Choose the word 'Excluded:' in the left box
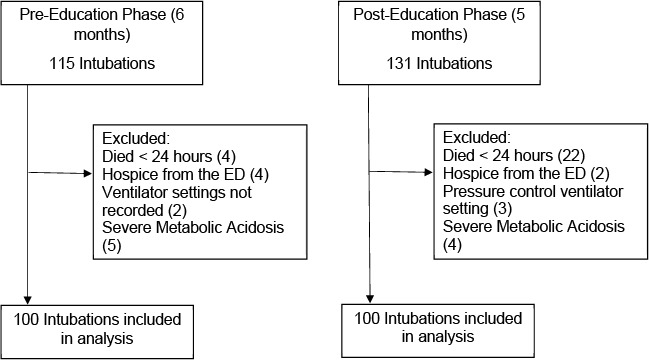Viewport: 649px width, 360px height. tap(128, 139)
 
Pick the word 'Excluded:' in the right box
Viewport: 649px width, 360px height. tap(470, 139)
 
